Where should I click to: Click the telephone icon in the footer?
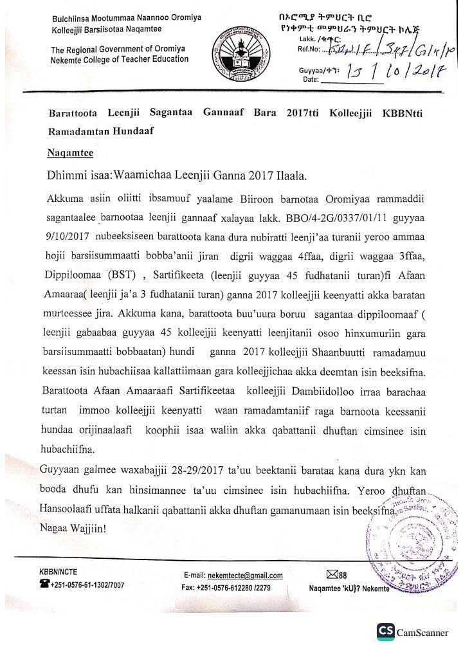coord(44,585)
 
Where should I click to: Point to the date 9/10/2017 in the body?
coord(68,235)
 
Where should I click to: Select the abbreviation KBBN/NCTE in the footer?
coord(59,571)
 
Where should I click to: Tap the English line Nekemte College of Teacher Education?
coord(120,59)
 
